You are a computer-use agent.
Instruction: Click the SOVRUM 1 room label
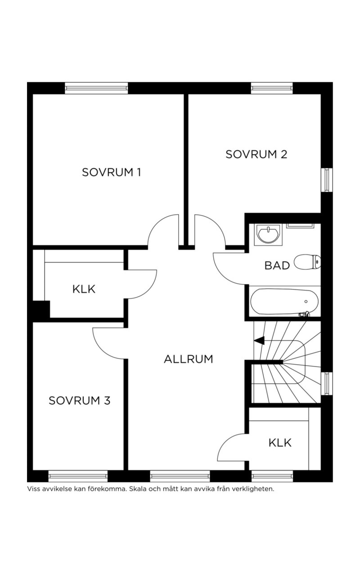(111, 173)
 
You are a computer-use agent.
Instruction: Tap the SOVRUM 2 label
(256, 155)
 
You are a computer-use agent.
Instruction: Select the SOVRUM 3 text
(79, 401)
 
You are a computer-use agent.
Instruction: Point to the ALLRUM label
(188, 359)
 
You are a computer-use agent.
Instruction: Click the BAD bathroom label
(277, 266)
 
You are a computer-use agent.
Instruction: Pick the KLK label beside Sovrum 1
(84, 289)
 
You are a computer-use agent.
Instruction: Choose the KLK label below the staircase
(280, 443)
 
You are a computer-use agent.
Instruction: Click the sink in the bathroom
(269, 235)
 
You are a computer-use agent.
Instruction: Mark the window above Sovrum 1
(97, 88)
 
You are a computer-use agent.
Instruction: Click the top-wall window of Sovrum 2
(272, 88)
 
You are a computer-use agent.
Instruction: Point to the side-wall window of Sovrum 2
(327, 179)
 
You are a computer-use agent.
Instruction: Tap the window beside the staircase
(327, 384)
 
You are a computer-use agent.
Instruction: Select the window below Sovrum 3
(78, 476)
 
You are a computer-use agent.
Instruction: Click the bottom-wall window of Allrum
(180, 476)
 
